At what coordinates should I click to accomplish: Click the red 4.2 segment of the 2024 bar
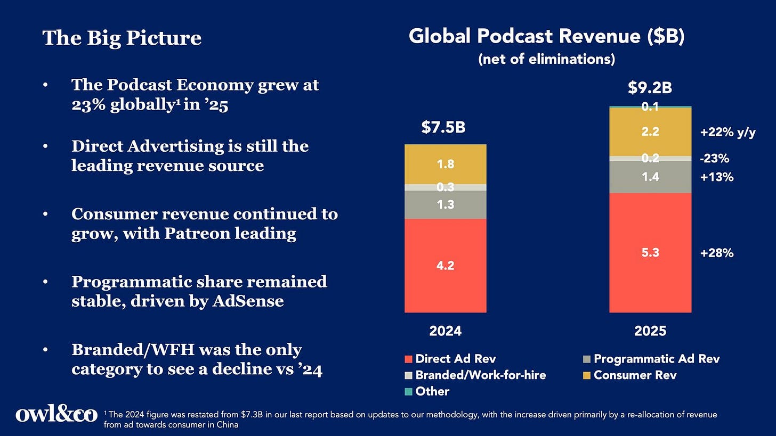pos(445,266)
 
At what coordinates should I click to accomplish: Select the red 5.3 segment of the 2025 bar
pos(650,252)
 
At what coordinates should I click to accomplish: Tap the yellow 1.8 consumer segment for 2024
pos(445,164)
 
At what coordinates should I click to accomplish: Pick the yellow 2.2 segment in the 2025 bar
pos(650,132)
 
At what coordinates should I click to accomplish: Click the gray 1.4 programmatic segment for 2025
pos(650,177)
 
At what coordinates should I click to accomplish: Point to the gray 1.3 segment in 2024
pos(445,204)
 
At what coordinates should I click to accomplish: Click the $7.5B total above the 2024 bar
pos(443,127)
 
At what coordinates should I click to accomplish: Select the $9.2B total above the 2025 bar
pos(650,87)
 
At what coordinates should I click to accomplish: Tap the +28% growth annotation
pos(717,253)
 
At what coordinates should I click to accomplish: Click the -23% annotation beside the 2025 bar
pos(714,159)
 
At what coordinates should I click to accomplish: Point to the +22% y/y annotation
pos(728,132)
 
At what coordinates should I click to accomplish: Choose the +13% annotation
pos(717,177)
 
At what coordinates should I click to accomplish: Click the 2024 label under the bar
pos(445,331)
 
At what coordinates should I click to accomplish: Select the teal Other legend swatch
pos(408,392)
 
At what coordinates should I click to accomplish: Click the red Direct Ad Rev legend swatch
pos(408,359)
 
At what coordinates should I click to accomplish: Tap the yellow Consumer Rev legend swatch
pos(586,375)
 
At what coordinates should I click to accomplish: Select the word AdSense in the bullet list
pos(248,301)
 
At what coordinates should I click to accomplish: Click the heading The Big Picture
pos(122,38)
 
